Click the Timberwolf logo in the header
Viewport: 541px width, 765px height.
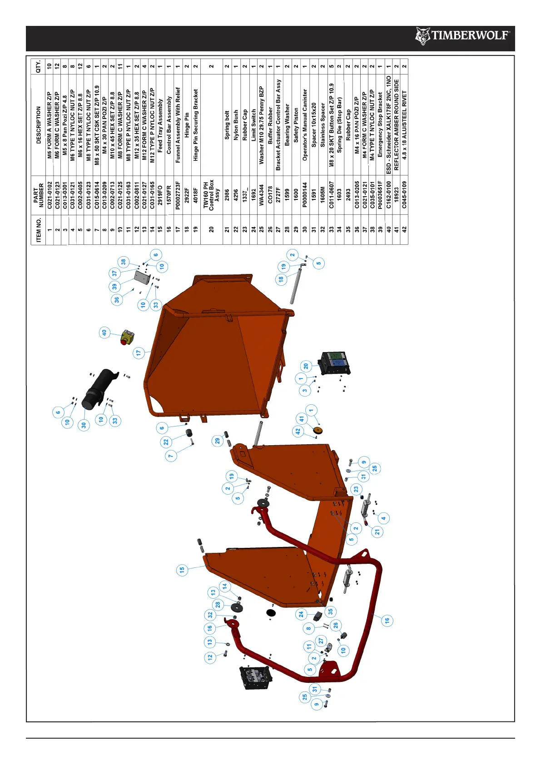coord(462,36)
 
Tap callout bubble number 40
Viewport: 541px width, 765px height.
coord(104,333)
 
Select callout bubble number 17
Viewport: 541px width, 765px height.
coord(139,353)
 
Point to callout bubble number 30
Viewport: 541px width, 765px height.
coord(84,425)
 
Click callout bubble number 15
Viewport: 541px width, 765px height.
coord(182,570)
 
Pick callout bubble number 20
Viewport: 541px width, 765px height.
coord(306,366)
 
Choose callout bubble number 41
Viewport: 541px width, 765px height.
coord(301,419)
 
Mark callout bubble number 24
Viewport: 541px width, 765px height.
coord(301,614)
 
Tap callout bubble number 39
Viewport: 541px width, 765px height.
coord(114,286)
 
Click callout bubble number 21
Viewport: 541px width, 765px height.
coord(377,532)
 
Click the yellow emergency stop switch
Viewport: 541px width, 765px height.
coord(127,338)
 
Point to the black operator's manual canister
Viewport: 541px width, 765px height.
coord(100,388)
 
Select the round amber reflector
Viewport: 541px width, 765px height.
coord(318,430)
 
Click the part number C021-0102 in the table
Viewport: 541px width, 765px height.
coord(50,195)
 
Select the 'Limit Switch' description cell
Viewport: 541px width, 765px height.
coord(253,125)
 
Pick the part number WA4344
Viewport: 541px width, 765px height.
coord(261,195)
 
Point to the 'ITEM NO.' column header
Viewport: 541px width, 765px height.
coord(38,229)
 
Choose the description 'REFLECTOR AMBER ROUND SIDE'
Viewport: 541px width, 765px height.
coord(396,125)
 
